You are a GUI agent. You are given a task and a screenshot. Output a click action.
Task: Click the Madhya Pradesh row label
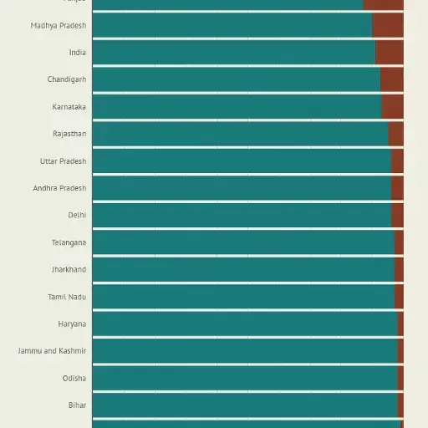click(59, 26)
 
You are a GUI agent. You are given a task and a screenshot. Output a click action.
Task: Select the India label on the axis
click(77, 53)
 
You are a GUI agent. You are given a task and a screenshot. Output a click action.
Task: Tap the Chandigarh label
click(67, 79)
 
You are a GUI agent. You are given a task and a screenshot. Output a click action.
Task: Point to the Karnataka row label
click(69, 107)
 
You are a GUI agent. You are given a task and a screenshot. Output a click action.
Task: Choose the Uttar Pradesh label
click(63, 161)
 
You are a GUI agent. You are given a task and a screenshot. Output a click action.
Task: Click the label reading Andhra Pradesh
click(59, 188)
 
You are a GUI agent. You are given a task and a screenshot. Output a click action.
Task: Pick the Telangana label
click(69, 242)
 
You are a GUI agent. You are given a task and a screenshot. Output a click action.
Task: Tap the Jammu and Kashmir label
click(52, 351)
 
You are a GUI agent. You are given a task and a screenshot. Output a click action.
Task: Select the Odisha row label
click(74, 378)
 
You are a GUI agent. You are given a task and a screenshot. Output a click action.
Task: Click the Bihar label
click(77, 405)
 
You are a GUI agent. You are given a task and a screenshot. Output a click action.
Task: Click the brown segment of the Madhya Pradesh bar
click(388, 26)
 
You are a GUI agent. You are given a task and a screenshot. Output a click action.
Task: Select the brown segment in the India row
click(389, 53)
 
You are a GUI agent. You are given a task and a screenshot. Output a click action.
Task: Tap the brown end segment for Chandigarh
click(391, 79)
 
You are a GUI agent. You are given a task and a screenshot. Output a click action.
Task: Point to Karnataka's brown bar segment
click(392, 107)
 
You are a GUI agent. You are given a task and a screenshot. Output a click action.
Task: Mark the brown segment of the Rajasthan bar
click(395, 134)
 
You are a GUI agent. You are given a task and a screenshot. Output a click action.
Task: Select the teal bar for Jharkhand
click(242, 269)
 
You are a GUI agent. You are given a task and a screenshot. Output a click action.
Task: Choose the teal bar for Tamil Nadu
click(242, 297)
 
